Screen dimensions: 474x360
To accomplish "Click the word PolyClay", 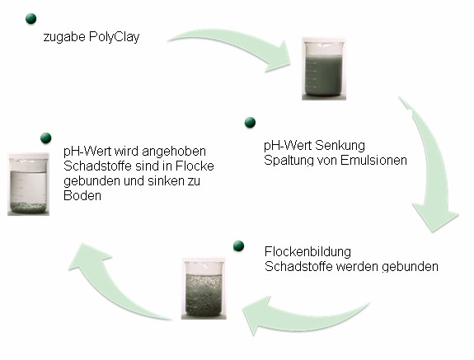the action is [115, 37].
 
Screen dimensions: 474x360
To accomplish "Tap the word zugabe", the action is [64, 38].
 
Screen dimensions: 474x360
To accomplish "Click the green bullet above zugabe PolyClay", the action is [31, 19].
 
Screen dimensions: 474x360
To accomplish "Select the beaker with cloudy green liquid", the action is [324, 69].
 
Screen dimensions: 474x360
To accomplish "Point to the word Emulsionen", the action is [373, 160].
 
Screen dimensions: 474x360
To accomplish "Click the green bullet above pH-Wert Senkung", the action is [250, 122].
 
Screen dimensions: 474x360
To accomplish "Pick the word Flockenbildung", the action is [307, 251].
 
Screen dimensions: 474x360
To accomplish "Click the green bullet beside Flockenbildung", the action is [239, 245].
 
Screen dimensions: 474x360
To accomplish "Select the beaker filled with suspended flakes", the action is [204, 288].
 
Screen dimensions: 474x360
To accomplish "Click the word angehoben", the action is [174, 152].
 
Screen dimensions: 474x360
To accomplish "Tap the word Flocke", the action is [195, 166].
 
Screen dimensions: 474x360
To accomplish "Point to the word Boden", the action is [82, 196].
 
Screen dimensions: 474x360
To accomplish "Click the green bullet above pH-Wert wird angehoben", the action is [45, 138].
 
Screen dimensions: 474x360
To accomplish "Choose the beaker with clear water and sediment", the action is [28, 185].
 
